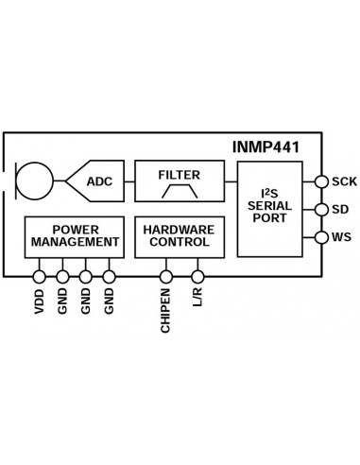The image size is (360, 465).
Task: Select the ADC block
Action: tap(98, 180)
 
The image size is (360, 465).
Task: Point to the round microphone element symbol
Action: tap(37, 180)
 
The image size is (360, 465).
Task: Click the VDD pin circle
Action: tap(39, 277)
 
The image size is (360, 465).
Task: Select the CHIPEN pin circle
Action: tap(166, 277)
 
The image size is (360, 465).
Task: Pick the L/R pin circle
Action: tap(197, 277)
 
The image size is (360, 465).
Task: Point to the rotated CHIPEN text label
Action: tap(166, 310)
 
